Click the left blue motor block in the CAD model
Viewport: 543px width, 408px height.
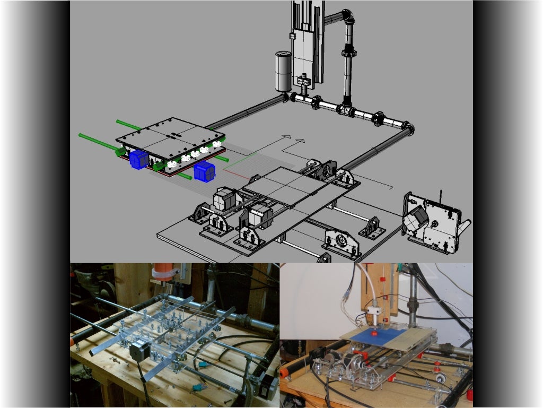[x=139, y=159]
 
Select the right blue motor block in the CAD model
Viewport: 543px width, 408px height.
[x=204, y=171]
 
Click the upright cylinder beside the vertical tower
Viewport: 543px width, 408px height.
[x=283, y=72]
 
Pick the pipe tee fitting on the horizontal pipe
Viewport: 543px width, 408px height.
[x=346, y=110]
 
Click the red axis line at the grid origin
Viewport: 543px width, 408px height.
[x=235, y=171]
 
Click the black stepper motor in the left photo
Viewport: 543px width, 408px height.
[x=138, y=352]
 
